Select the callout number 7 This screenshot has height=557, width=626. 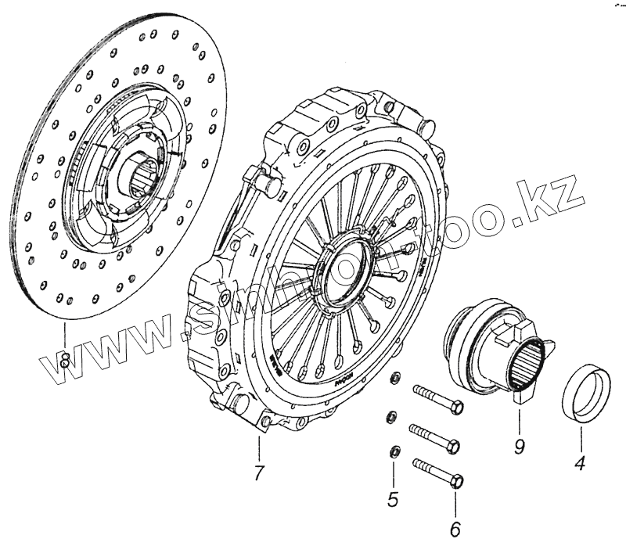click(x=259, y=473)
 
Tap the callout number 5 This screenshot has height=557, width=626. click(x=393, y=498)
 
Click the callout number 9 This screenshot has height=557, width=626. click(x=519, y=447)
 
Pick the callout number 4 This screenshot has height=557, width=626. click(x=580, y=464)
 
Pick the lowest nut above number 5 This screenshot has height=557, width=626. click(x=394, y=451)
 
